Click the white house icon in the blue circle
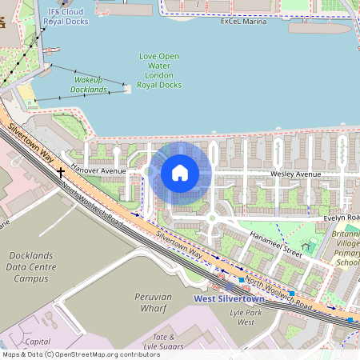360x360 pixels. tap(180, 173)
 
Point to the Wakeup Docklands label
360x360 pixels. tap(90, 85)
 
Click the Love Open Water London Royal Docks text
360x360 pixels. tap(159, 70)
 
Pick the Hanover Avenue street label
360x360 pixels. tap(98, 170)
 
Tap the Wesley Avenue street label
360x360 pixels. tap(295, 174)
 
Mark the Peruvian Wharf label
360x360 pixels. tap(153, 302)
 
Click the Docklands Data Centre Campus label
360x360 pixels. tap(31, 267)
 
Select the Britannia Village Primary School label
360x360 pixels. tap(347, 248)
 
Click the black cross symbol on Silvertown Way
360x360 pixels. tap(61, 172)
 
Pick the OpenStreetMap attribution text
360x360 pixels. tap(80, 354)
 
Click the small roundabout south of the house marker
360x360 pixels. tap(212, 218)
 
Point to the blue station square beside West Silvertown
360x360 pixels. tap(241, 280)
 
